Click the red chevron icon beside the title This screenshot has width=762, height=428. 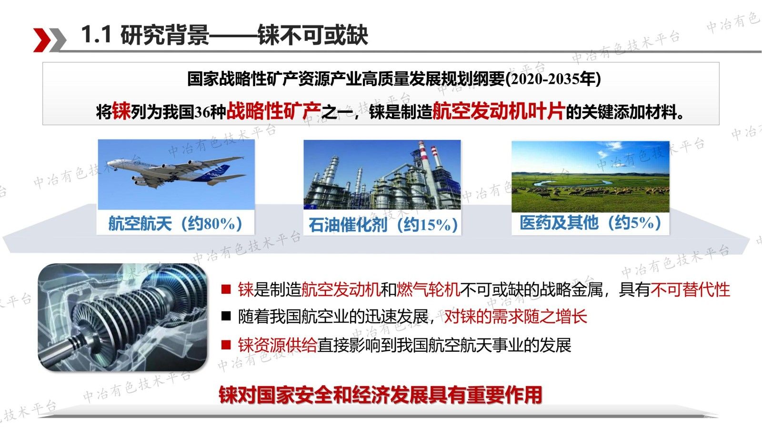pos(42,40)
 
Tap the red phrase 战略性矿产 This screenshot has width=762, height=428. pos(273,111)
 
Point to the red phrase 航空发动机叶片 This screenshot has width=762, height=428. pos(499,111)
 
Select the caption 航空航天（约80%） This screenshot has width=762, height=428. pos(176,224)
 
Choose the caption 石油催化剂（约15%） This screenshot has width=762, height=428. pos(383,225)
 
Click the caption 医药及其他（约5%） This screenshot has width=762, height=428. pos(591,223)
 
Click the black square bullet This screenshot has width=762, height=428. pos(226,317)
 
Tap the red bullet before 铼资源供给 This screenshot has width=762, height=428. pos(226,345)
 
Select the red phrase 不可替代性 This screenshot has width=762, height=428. pos(690,290)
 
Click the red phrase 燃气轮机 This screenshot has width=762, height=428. pos(428,290)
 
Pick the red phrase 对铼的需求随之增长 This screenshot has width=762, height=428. pos(516,317)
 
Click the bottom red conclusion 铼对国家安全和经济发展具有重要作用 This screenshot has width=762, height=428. pos(381,395)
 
